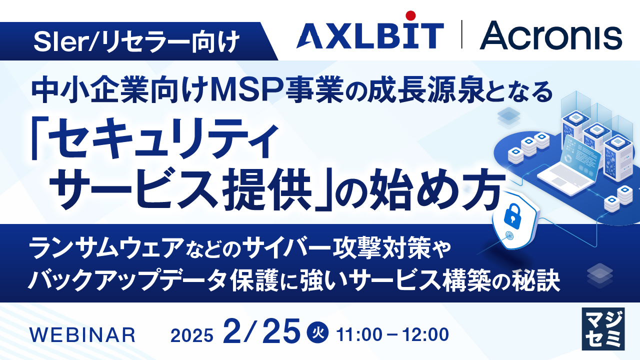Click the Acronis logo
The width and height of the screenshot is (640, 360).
click(550, 36)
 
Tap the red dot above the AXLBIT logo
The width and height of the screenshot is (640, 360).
click(411, 14)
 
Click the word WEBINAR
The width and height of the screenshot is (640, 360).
click(83, 334)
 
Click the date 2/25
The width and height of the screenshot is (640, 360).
click(262, 331)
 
